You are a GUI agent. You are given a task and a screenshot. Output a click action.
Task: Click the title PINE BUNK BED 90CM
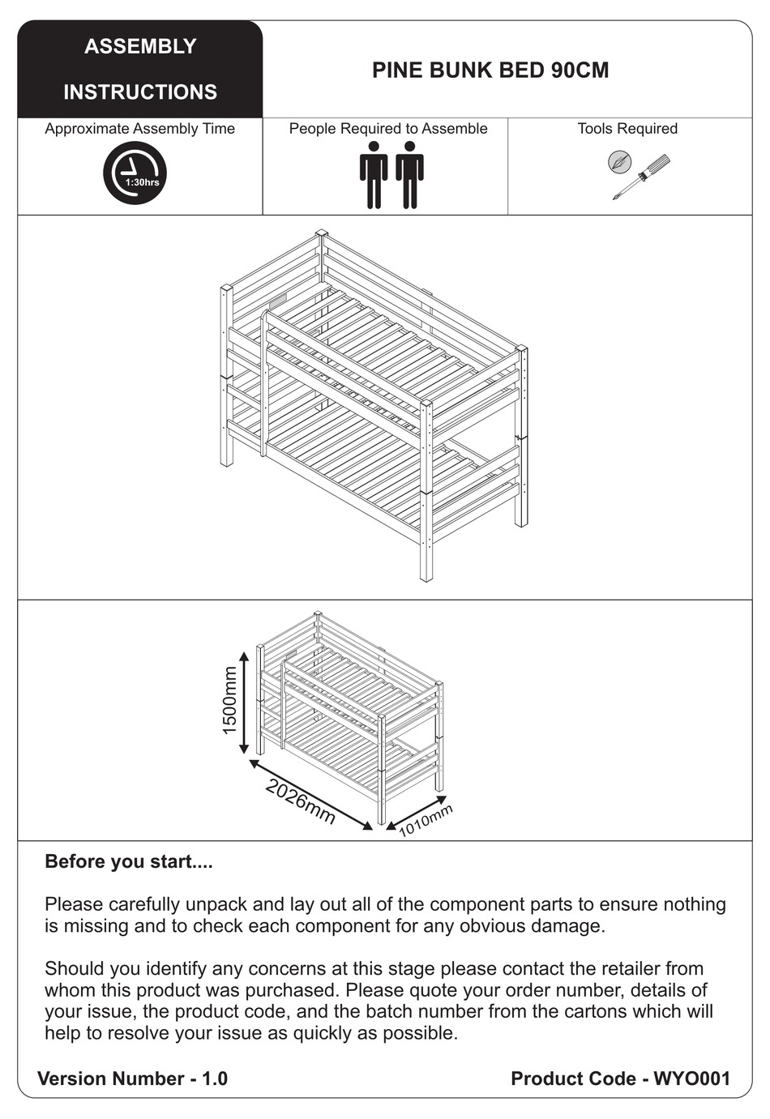490,70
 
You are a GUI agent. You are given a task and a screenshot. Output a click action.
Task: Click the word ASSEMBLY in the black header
140,46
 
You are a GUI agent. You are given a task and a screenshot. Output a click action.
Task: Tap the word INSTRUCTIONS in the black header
140,92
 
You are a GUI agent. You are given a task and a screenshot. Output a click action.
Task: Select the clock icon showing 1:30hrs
135,173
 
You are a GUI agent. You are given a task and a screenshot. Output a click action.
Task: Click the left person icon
374,174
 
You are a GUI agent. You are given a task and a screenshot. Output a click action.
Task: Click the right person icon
409,174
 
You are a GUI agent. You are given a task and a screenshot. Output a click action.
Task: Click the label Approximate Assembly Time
139,129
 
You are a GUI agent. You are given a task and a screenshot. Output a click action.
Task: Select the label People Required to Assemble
388,129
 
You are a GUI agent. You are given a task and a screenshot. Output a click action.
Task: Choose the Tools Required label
627,129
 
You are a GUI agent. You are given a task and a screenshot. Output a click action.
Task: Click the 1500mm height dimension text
229,700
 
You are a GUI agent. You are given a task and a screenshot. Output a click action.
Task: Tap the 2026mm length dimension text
300,802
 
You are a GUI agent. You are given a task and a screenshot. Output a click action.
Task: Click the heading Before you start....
129,861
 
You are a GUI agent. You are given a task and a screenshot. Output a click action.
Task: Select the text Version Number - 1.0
133,1078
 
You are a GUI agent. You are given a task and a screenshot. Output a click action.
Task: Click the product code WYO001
691,1078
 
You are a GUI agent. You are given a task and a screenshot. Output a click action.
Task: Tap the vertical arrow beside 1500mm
244,702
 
